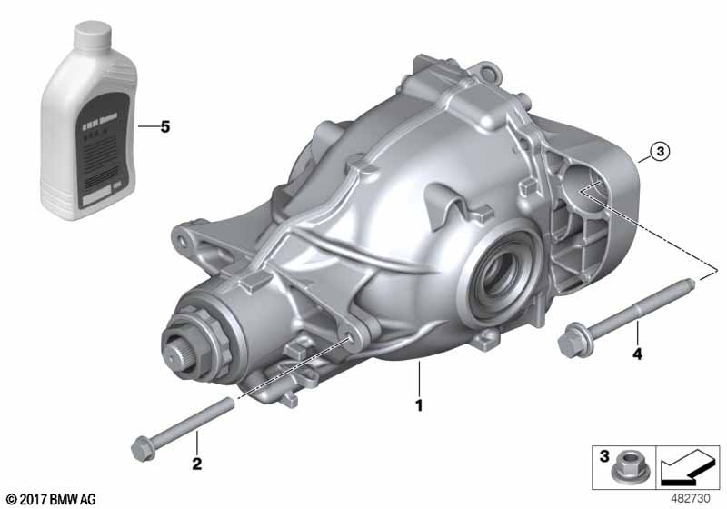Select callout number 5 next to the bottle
pos(164,127)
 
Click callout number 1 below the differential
pos(419,405)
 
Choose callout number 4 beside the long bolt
pos(637,354)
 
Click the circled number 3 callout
pos(660,152)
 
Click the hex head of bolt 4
pos(573,341)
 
